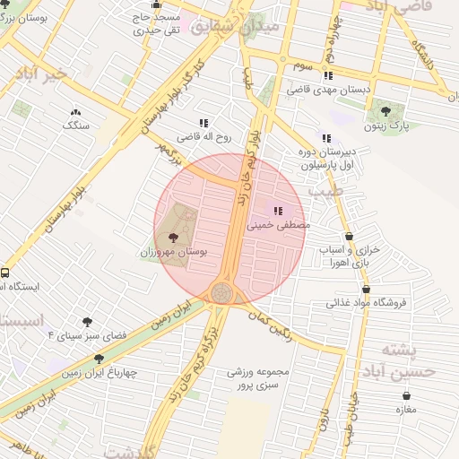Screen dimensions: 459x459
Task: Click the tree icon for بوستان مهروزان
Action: (x=173, y=238)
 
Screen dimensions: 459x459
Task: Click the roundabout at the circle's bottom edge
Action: (x=221, y=292)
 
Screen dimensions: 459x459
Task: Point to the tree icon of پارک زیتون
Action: (x=385, y=111)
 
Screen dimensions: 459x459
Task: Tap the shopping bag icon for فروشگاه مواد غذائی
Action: (x=367, y=290)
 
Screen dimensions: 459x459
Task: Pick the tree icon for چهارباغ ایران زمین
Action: (x=99, y=358)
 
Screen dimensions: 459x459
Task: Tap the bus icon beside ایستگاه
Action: (x=5, y=273)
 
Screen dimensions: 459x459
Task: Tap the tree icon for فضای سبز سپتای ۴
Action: (x=87, y=321)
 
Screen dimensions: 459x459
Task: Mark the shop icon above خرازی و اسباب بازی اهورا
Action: (x=348, y=236)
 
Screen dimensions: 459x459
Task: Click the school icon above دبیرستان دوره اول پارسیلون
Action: (x=325, y=138)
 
